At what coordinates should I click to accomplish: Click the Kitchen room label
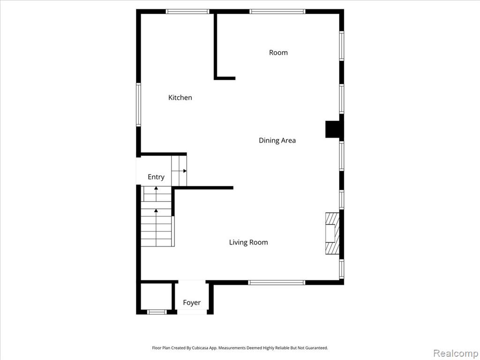pyautogui.click(x=180, y=97)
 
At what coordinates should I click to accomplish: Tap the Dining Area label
pyautogui.click(x=277, y=140)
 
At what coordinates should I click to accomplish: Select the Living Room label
pyautogui.click(x=248, y=242)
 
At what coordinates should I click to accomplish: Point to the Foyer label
pyautogui.click(x=192, y=302)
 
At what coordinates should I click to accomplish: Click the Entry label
pyautogui.click(x=156, y=177)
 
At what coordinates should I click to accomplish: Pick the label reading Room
pyautogui.click(x=278, y=52)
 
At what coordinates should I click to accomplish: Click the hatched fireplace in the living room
pyautogui.click(x=332, y=233)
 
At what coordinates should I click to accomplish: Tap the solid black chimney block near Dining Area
pyautogui.click(x=332, y=129)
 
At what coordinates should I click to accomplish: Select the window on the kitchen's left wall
pyautogui.click(x=138, y=105)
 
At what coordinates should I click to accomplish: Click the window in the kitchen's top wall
pyautogui.click(x=187, y=12)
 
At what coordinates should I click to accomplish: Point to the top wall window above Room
pyautogui.click(x=277, y=12)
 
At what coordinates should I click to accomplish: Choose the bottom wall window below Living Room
pyautogui.click(x=277, y=283)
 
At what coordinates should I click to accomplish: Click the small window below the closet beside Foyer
pyautogui.click(x=157, y=312)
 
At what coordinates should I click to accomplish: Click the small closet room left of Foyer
pyautogui.click(x=156, y=296)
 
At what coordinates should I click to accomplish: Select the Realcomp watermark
pyautogui.click(x=456, y=353)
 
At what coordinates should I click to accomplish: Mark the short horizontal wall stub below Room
pyautogui.click(x=225, y=78)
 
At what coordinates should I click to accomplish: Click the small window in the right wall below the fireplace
pyautogui.click(x=342, y=269)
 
